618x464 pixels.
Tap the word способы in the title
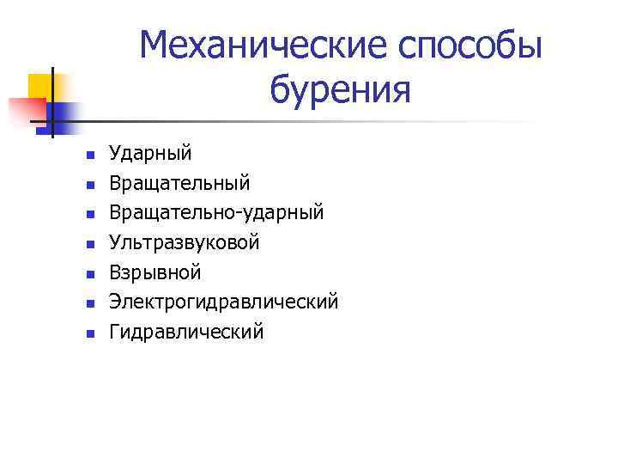470,45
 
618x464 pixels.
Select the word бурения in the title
341,89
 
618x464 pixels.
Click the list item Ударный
150,154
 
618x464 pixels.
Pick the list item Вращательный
179,183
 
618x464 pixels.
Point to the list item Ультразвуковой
184,243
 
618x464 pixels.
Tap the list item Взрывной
154,272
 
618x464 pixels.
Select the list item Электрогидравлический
223,302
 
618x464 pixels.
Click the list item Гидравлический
186,332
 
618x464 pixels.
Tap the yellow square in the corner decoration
41,86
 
